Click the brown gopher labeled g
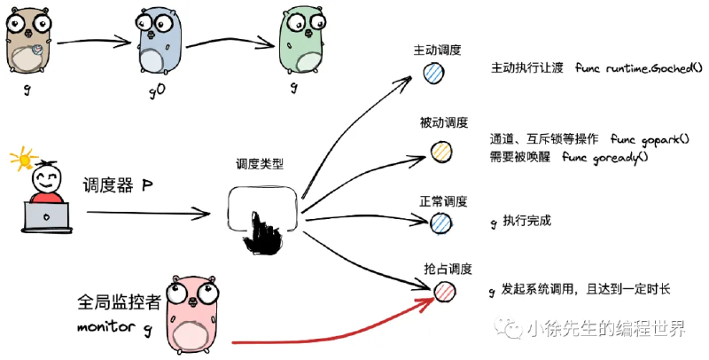(x=28, y=42)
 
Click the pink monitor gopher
(x=192, y=314)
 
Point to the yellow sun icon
(x=24, y=160)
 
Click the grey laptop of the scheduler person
(x=47, y=217)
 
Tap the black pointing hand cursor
(x=262, y=233)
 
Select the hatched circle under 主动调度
(x=434, y=73)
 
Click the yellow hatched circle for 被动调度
(x=440, y=152)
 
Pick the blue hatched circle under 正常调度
(x=440, y=223)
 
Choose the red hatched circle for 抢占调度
(x=445, y=292)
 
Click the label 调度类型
(x=260, y=163)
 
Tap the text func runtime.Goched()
(x=639, y=68)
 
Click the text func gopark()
(x=650, y=139)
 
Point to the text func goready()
(x=605, y=157)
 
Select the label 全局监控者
(x=120, y=302)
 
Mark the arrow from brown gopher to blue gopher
(x=94, y=42)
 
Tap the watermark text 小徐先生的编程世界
(x=606, y=328)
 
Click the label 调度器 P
(x=118, y=186)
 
